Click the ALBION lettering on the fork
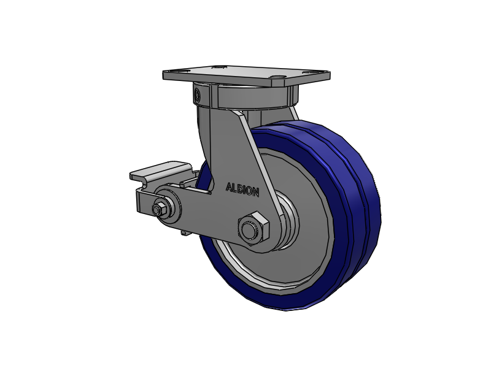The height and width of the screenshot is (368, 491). (242, 190)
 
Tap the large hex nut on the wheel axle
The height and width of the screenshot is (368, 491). (253, 228)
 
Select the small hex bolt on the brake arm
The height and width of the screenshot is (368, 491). (158, 209)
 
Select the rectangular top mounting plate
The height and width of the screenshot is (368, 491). (247, 75)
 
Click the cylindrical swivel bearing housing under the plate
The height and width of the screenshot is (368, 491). (244, 96)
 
